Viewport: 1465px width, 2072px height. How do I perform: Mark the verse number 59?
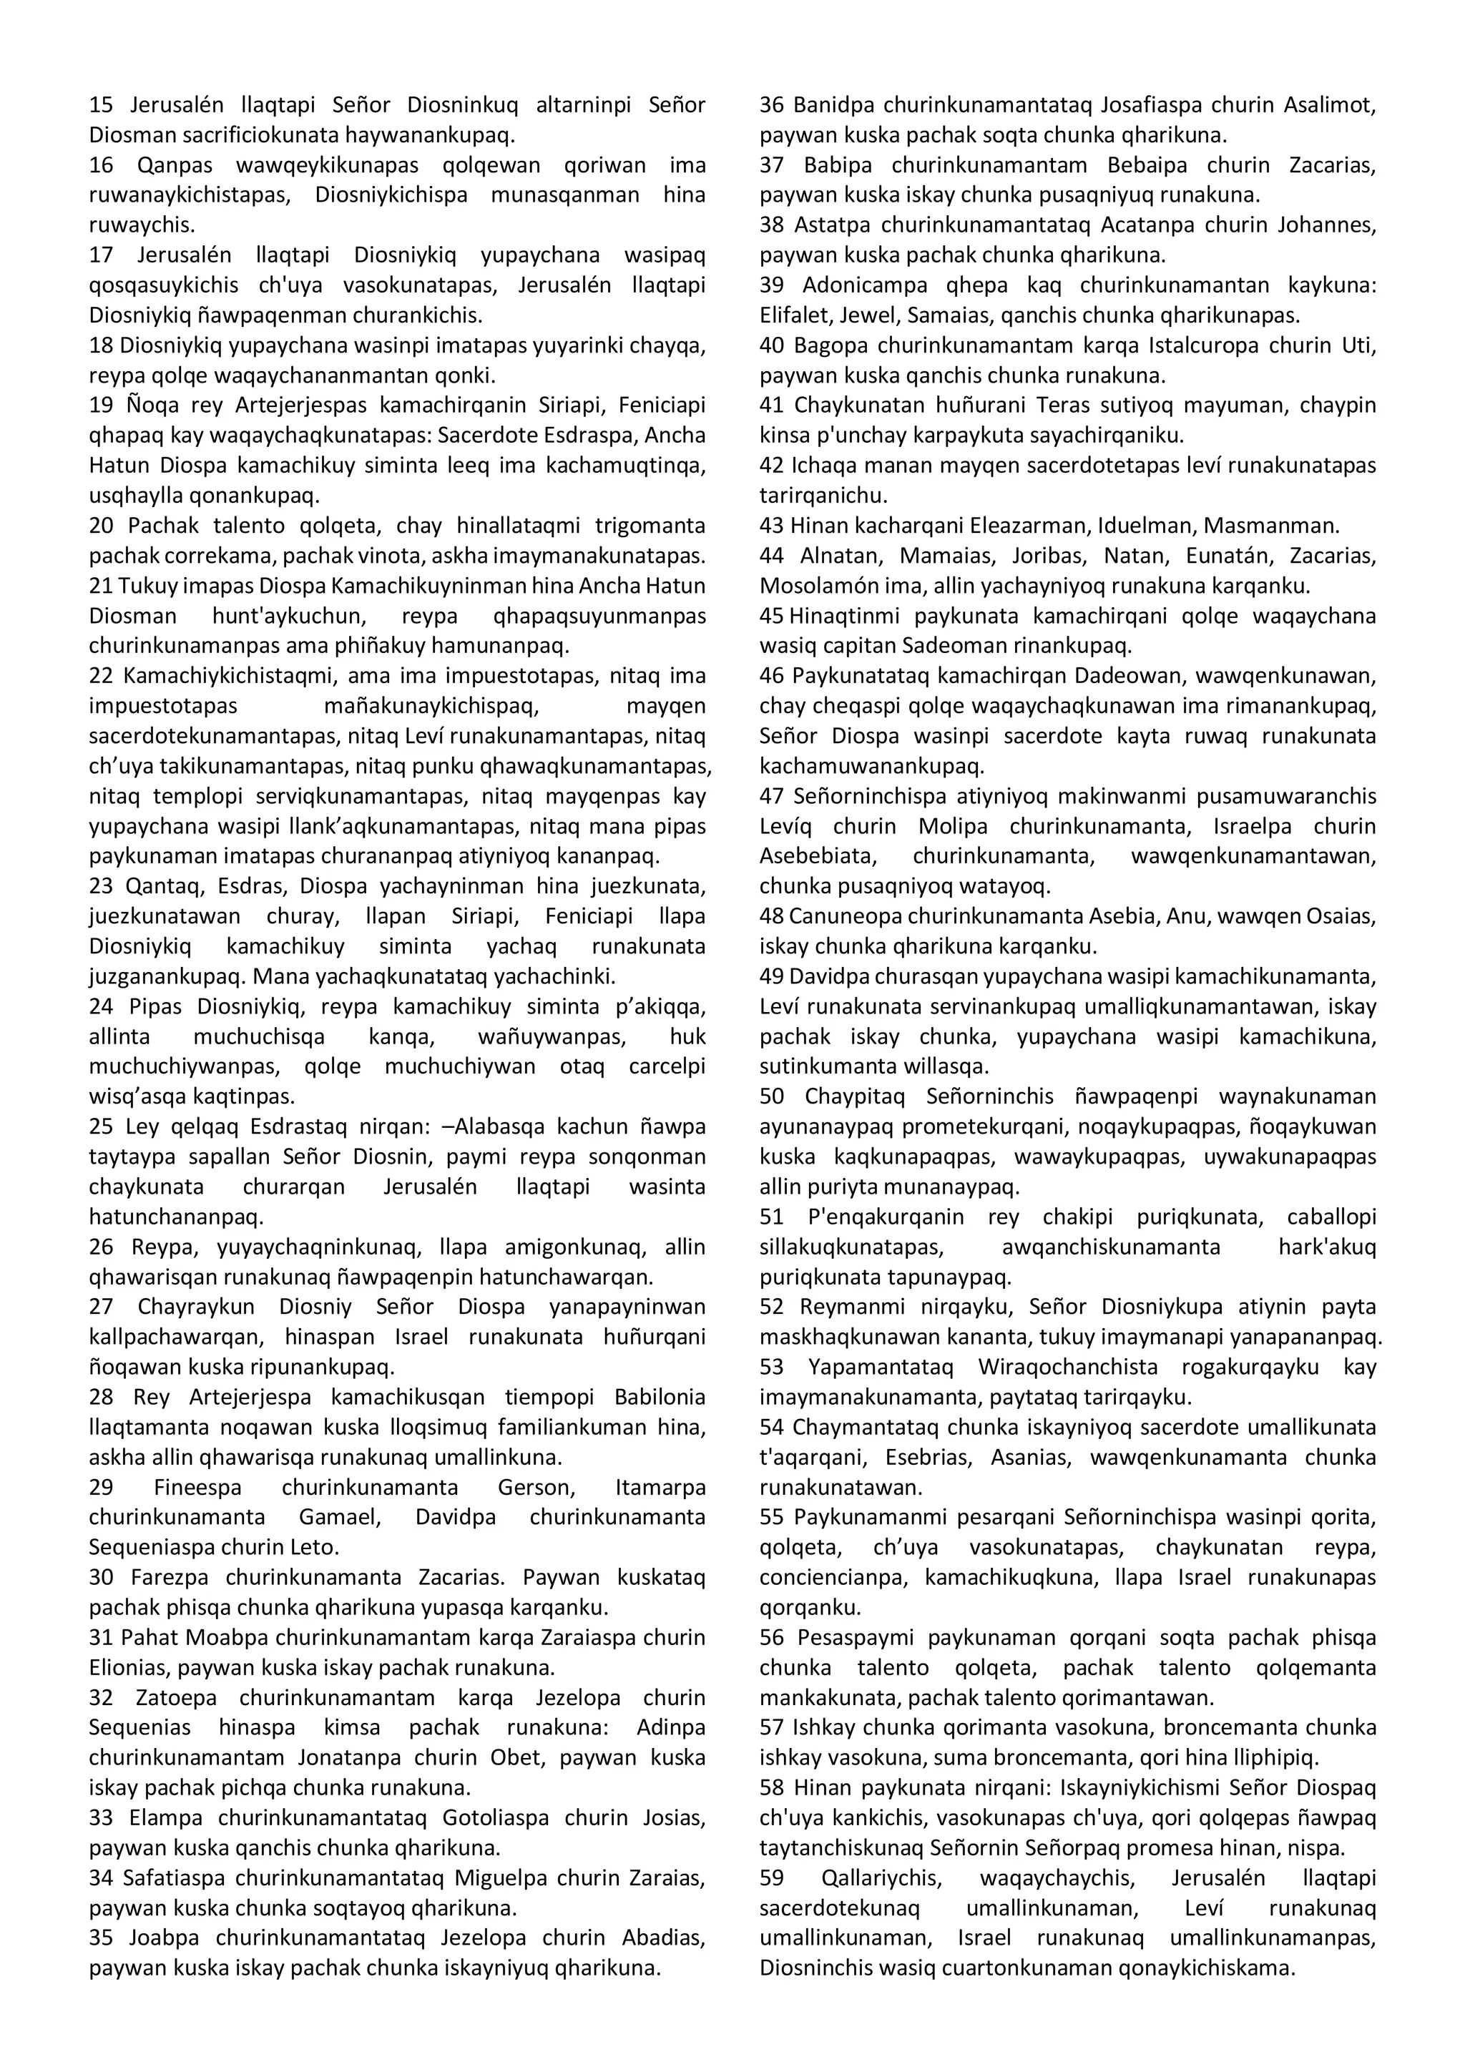point(772,1879)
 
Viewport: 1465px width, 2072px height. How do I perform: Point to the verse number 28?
point(101,1398)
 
